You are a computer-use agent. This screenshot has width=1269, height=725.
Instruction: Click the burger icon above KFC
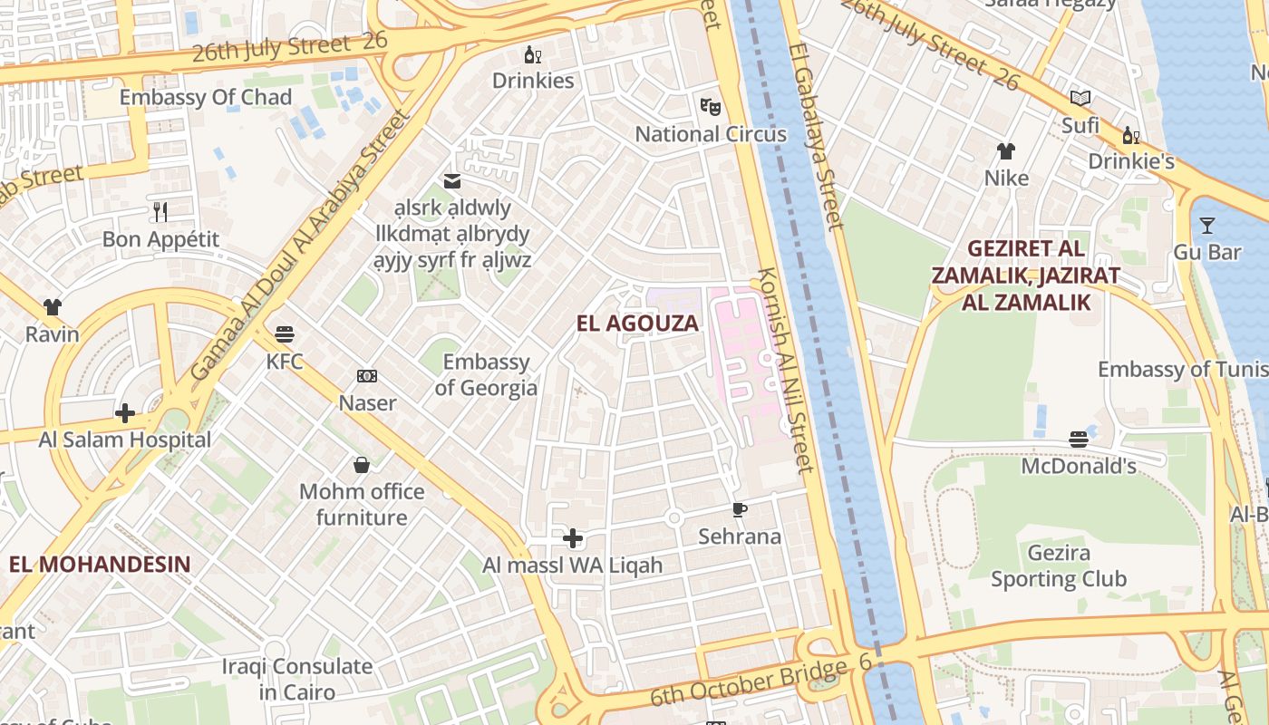285,333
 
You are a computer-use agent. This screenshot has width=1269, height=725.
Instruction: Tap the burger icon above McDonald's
1078,440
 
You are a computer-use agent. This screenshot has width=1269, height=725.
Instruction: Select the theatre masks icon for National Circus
711,106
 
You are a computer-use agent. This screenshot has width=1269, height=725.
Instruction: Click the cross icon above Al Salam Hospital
125,413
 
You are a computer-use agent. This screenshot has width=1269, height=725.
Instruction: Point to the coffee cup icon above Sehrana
740,509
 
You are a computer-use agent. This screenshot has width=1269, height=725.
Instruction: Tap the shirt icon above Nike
1006,150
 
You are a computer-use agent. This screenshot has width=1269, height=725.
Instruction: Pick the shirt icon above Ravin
52,307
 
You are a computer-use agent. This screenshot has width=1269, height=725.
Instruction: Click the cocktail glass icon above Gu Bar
1206,225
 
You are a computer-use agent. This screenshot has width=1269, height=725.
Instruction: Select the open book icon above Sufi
1080,98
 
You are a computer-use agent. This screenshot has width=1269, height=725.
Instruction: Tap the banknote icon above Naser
367,375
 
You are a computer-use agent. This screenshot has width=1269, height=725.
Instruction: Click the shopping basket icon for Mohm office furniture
362,465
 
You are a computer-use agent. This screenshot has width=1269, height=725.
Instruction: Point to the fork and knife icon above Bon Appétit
160,212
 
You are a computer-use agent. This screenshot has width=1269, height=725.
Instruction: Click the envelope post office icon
451,181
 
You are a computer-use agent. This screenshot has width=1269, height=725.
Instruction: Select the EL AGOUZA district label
638,324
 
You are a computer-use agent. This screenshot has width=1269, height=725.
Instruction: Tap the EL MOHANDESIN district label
100,564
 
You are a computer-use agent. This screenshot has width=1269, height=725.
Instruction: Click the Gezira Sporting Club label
1058,565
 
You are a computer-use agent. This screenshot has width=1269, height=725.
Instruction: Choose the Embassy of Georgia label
486,375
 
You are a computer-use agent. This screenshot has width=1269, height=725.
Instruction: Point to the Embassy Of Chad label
206,98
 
